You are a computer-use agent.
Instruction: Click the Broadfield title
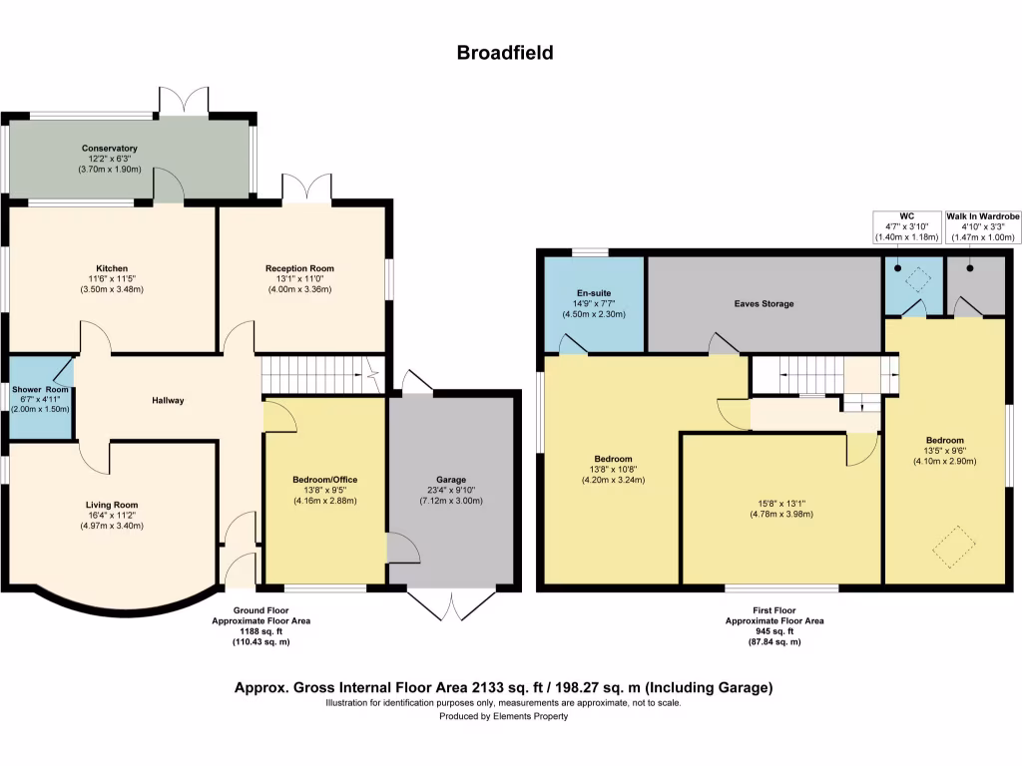505,53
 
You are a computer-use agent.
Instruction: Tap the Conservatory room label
110,149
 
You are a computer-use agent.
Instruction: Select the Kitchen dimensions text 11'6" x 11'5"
112,279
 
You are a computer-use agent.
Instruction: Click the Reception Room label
299,268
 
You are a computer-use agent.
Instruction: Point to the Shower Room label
40,390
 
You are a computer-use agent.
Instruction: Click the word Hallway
168,401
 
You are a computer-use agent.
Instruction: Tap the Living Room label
112,505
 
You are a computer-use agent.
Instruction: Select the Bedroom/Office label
325,480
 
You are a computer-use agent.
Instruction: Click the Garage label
451,480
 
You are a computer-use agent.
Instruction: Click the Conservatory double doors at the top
185,102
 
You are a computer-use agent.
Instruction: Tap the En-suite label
594,293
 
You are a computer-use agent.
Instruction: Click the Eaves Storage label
764,303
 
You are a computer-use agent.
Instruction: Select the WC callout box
906,226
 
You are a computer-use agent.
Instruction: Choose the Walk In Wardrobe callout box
983,226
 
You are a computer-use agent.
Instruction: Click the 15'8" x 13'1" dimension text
782,504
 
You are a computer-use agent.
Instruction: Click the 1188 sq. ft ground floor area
260,631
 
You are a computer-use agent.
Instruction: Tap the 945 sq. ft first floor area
774,631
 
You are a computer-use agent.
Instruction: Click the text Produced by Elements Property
504,716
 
